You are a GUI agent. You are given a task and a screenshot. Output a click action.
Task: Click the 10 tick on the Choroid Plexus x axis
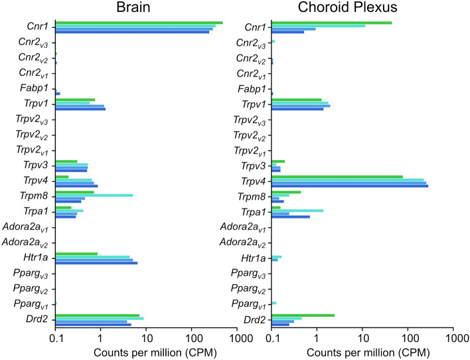click(362, 337)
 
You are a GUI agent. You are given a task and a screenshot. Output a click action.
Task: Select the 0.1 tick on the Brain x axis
click(56, 337)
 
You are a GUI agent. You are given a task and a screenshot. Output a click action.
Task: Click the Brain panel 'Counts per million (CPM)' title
click(147, 351)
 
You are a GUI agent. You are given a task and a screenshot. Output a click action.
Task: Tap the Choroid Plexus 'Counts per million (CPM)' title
click(362, 351)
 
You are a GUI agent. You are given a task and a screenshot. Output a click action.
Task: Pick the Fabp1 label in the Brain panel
click(38, 88)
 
